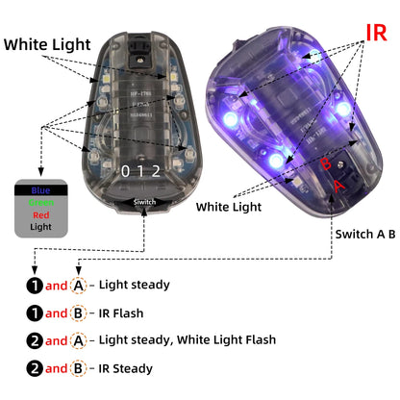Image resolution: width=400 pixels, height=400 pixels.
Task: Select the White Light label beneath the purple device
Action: (228, 206)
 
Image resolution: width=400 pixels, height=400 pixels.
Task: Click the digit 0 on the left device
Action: (124, 171)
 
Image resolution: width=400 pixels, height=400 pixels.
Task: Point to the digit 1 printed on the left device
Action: (142, 171)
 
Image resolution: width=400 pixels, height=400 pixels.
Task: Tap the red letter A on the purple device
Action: (338, 183)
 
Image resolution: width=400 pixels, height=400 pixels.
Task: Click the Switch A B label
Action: (364, 234)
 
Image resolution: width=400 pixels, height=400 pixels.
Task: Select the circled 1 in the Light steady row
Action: (34, 285)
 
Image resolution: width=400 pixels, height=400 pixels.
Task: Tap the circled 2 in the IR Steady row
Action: (34, 368)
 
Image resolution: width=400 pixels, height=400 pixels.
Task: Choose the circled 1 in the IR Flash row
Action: (34, 312)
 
